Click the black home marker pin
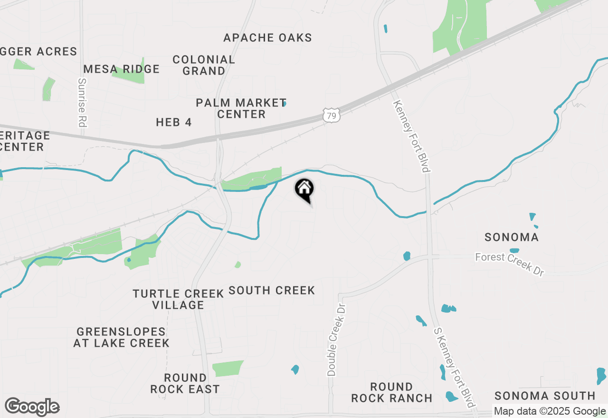point(304,190)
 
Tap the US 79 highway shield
point(331,114)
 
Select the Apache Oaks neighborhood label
point(267,38)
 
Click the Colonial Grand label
point(204,65)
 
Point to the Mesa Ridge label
point(122,69)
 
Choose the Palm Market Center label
point(241,108)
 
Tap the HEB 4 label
point(174,122)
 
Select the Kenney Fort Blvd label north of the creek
point(411,137)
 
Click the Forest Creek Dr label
point(509,264)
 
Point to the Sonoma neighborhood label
point(512,237)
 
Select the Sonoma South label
point(545,396)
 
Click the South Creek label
point(272,290)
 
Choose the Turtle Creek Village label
point(178,299)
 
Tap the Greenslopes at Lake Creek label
point(121,337)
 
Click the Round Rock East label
point(185,383)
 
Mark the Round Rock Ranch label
point(392,392)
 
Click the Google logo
point(32,407)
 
